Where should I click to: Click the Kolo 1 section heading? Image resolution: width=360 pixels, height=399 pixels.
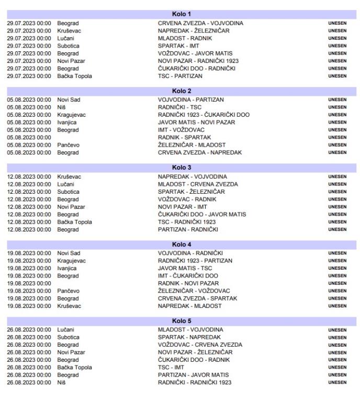(182, 14)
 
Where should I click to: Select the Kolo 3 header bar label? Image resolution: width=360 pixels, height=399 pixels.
(182, 168)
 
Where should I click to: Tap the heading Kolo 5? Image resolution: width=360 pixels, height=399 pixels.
(182, 321)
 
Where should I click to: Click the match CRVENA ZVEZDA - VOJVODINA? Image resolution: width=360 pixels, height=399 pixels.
(200, 23)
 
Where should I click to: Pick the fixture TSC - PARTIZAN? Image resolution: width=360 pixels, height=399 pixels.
(180, 76)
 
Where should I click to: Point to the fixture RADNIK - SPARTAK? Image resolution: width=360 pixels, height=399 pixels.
(185, 137)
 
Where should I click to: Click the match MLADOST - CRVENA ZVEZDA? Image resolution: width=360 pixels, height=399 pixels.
(198, 184)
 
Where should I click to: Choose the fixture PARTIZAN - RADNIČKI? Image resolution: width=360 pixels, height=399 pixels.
(188, 229)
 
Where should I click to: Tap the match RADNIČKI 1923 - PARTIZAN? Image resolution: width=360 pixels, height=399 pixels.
(195, 261)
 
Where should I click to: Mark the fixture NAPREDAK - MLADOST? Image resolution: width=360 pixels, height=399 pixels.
(189, 306)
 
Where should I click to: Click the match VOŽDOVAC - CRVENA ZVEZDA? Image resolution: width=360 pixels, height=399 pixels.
(200, 345)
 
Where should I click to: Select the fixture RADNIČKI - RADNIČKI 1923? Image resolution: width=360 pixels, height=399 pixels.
(195, 382)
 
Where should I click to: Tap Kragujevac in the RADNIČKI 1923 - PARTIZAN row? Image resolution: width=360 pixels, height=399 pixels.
(72, 261)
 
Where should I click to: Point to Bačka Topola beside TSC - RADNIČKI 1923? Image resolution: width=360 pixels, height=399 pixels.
(74, 222)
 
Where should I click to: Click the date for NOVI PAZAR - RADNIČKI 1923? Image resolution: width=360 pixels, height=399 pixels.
(29, 61)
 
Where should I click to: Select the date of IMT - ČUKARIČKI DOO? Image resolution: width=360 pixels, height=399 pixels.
(29, 275)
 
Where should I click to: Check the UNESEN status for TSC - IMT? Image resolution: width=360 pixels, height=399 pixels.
(337, 368)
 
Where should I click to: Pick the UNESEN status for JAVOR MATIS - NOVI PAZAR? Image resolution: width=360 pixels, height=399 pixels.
(337, 123)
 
